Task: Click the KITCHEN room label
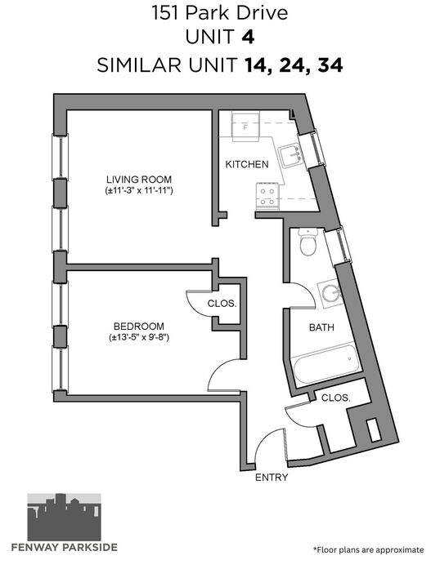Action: (x=246, y=164)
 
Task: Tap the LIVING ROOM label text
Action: (x=139, y=180)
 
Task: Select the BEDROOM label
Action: (x=139, y=327)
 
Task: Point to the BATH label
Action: (x=321, y=327)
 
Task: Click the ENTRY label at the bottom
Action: (x=272, y=478)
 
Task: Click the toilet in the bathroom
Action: (x=308, y=242)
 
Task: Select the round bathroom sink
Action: (x=332, y=293)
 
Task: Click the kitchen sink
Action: (x=291, y=155)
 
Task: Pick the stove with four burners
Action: (x=267, y=196)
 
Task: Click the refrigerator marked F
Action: (x=246, y=127)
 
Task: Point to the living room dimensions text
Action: (x=139, y=190)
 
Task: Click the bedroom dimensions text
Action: (x=139, y=337)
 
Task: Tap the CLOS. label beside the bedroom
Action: (x=222, y=304)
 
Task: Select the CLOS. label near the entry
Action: (x=336, y=398)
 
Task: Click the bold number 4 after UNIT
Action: (x=248, y=37)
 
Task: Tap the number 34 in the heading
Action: (x=330, y=65)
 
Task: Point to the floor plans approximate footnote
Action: (x=369, y=549)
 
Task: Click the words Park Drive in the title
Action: (x=236, y=13)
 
